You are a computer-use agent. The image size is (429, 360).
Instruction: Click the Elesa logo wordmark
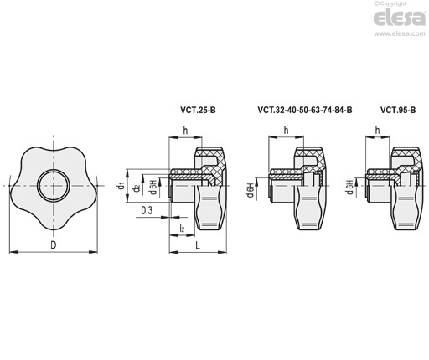(400, 18)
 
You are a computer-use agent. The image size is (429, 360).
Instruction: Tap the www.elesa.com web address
(400, 33)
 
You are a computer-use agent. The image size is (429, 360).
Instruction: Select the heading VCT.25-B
(198, 111)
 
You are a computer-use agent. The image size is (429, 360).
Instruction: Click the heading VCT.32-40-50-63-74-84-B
(305, 111)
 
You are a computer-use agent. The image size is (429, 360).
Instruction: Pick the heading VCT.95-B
(398, 111)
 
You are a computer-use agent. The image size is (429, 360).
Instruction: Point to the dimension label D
(54, 245)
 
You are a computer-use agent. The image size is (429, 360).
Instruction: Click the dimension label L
(198, 245)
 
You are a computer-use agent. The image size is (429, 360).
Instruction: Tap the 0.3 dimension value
(147, 210)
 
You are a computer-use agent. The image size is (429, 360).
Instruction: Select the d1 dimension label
(121, 185)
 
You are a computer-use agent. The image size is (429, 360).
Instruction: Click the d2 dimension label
(137, 188)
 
